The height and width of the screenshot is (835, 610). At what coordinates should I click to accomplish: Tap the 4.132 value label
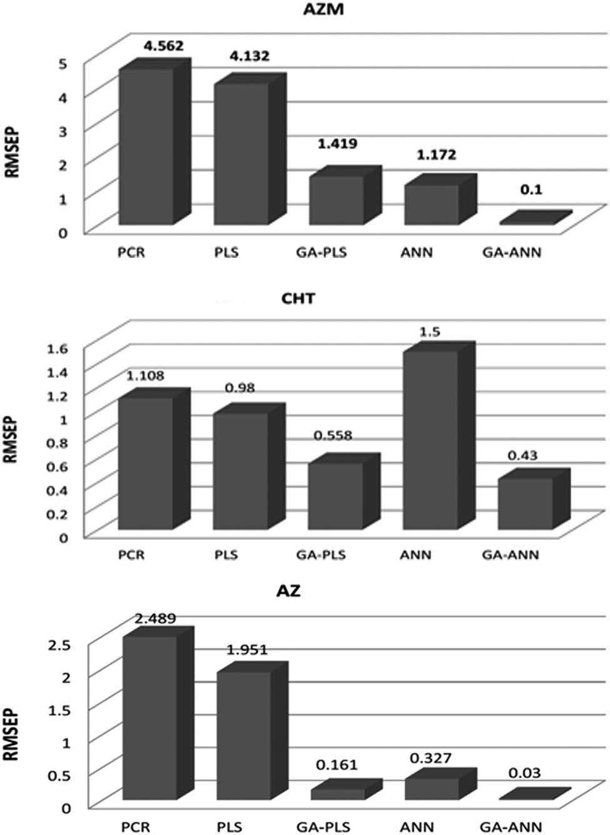point(249,56)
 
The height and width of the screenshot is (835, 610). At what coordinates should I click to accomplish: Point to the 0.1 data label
point(531,190)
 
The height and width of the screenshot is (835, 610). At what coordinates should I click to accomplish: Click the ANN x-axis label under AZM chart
point(416,253)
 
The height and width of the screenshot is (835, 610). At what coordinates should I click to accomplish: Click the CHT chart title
point(298,298)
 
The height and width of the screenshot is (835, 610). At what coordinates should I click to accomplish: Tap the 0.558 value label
point(332,435)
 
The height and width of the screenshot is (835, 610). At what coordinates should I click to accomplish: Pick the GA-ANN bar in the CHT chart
point(526,504)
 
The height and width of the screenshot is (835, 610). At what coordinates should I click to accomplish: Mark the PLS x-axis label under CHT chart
point(226,555)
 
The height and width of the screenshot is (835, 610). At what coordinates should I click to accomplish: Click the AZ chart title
point(289,590)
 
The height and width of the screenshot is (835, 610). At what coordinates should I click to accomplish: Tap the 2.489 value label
point(155,619)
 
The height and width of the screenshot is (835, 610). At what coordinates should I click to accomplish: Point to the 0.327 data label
point(430,758)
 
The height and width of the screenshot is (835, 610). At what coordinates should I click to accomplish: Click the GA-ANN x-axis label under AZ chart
point(511,826)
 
